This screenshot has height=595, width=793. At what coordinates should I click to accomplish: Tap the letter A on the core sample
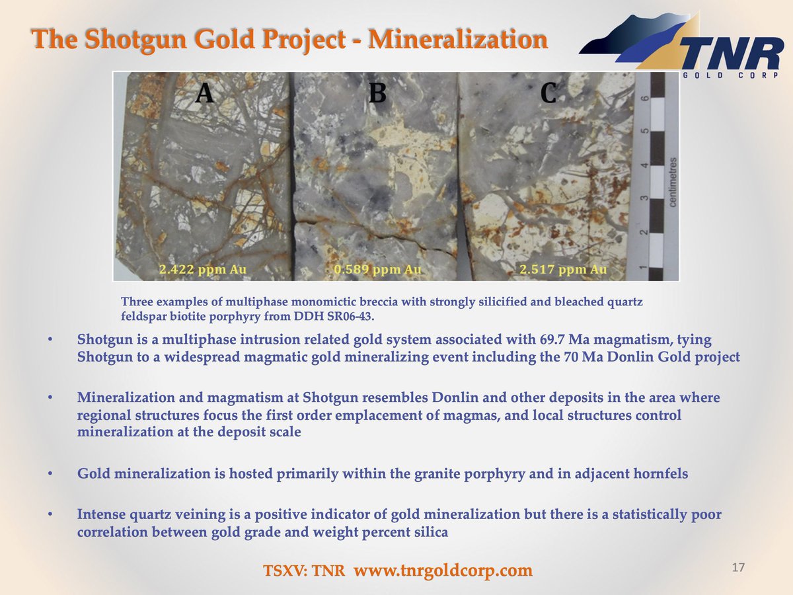click(205, 93)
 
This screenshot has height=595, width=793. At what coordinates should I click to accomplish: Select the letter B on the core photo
click(377, 93)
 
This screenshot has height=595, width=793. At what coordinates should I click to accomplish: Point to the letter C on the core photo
click(548, 93)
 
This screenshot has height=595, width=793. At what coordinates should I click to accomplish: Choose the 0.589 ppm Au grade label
click(377, 269)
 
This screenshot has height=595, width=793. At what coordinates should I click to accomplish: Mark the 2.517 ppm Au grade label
click(563, 269)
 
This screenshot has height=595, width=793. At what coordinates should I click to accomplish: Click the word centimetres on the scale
click(672, 182)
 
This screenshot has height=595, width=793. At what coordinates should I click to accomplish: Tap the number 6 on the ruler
click(645, 98)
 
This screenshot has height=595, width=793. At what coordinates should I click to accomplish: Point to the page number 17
click(738, 567)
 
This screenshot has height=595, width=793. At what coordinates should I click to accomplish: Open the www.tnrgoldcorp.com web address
click(443, 570)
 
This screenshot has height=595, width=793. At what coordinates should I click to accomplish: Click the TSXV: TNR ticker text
click(304, 570)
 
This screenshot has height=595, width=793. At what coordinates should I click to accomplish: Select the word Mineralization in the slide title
click(458, 39)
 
